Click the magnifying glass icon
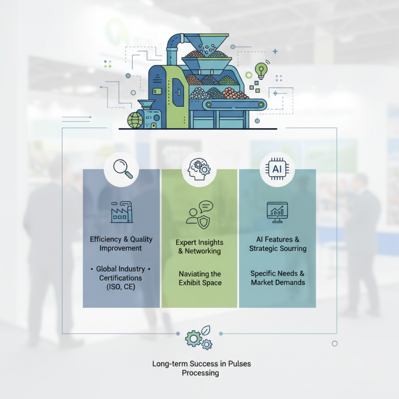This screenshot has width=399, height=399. click(x=121, y=169)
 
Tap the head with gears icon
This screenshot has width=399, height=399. click(x=199, y=169)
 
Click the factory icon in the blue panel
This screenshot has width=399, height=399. click(x=121, y=213)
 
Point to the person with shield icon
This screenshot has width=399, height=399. click(x=199, y=213)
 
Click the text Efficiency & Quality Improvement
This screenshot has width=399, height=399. click(x=121, y=243)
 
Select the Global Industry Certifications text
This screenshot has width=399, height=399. click(x=121, y=278)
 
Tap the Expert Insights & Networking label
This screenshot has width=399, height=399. click(x=199, y=246)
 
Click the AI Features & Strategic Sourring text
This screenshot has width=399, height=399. click(x=278, y=244)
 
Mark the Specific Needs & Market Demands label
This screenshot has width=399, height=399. click(x=278, y=278)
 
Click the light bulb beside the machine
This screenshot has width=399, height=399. click(x=260, y=70)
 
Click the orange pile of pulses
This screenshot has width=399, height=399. click(x=234, y=93)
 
